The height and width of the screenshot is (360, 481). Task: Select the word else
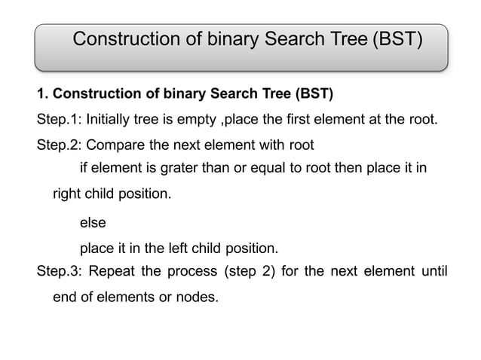coord(93,223)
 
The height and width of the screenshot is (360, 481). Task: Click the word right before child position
coord(67,194)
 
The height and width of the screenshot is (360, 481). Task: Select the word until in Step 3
coord(435,271)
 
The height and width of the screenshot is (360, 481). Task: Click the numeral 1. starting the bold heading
coord(42,94)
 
